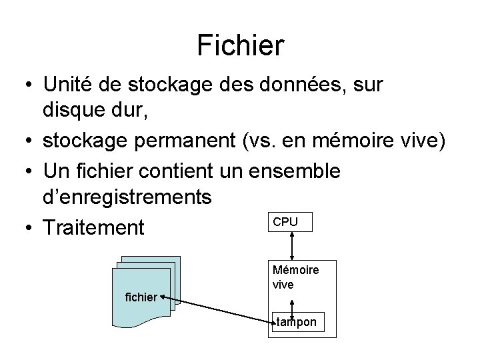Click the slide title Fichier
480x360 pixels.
[240, 45]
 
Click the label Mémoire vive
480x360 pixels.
[295, 277]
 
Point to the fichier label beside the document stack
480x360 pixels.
[141, 296]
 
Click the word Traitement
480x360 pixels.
[93, 228]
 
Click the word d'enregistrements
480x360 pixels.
[127, 197]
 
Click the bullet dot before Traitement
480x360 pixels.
[24, 229]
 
